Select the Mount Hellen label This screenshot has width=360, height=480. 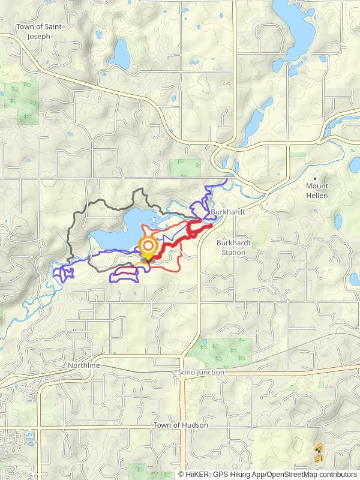coord(317,191)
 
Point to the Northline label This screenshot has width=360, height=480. coord(83,365)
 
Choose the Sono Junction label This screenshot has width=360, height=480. coord(201,372)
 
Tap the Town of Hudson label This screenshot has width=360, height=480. coord(181,425)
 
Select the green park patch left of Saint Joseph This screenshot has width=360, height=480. coord(21,99)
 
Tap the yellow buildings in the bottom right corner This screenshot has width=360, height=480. coord(319,453)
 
